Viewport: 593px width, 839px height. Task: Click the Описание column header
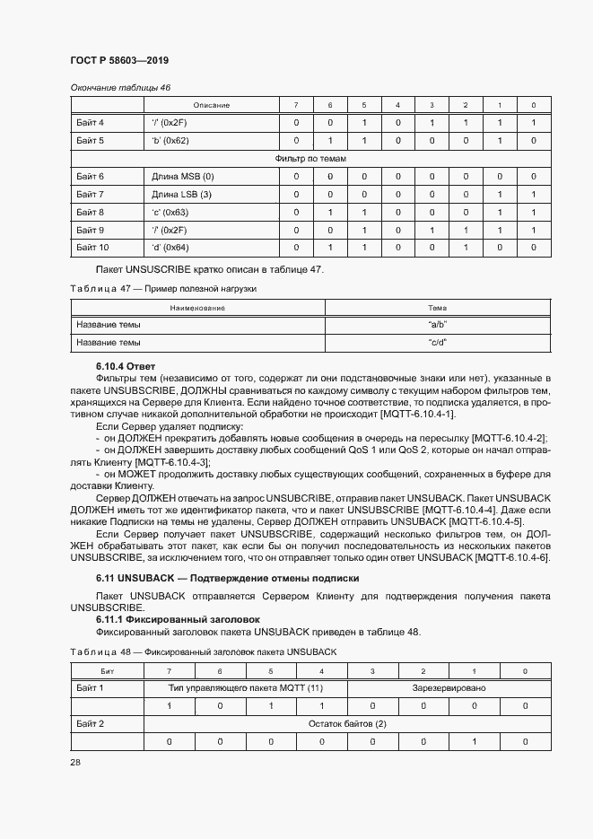[212, 105]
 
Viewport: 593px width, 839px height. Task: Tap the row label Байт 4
[91, 122]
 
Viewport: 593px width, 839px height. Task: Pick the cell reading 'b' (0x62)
[170, 141]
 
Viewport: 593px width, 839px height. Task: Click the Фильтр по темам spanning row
[310, 159]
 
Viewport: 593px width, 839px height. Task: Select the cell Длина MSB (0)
[182, 177]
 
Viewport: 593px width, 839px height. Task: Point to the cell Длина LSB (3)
[181, 194]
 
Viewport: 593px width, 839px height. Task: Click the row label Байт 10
[92, 247]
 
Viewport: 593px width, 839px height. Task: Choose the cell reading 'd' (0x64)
[170, 247]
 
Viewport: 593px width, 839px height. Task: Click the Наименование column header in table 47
[197, 308]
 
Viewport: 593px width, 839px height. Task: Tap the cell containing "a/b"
[437, 324]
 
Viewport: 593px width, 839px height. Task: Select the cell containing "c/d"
[437, 342]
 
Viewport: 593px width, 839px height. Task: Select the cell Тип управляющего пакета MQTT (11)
[246, 688]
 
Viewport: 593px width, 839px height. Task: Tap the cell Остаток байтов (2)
[348, 724]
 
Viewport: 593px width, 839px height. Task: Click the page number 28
[75, 761]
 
